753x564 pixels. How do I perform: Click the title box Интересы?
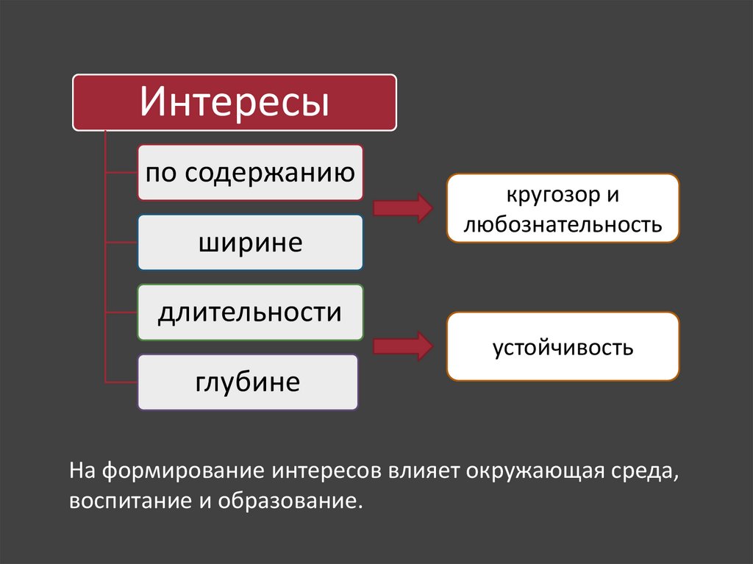(x=234, y=102)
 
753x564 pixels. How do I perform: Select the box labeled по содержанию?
(x=250, y=173)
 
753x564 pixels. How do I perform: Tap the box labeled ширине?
(x=250, y=242)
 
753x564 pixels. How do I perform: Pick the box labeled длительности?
(x=250, y=313)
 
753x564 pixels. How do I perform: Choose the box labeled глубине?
(x=248, y=382)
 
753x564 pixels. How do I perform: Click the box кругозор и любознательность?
(x=563, y=209)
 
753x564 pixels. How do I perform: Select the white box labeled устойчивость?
(x=563, y=346)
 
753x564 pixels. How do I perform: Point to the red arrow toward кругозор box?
(x=402, y=208)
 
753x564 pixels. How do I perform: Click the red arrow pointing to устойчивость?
(x=402, y=346)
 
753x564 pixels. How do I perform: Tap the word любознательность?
(x=563, y=224)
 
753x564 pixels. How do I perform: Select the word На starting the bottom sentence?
(x=82, y=470)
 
